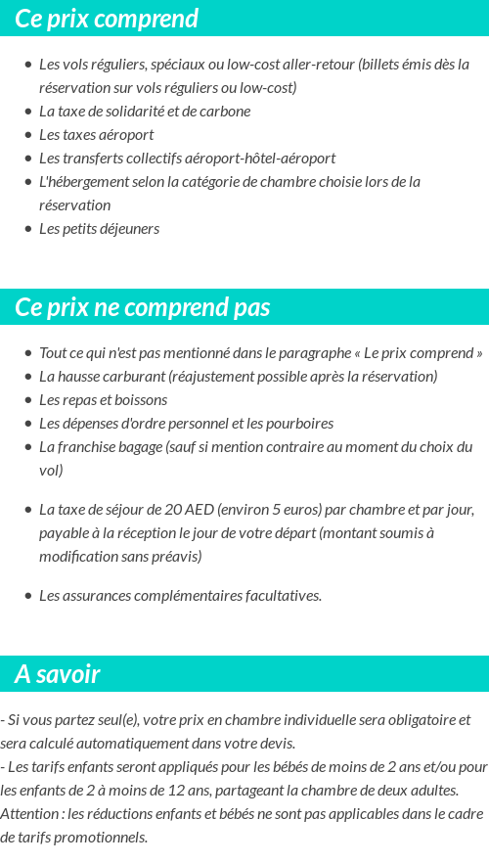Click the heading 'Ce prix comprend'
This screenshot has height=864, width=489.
point(107,19)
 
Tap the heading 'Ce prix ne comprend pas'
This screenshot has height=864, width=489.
point(142,307)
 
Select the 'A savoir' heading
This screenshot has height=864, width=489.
point(58,674)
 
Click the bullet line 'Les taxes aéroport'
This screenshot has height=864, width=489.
point(96,134)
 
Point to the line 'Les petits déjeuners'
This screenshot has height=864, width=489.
point(99,228)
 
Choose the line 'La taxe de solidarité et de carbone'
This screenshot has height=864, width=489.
point(145,111)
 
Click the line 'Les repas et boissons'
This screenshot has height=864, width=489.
point(103,399)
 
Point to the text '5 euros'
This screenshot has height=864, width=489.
point(289,509)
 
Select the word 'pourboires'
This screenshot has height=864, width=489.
point(300,423)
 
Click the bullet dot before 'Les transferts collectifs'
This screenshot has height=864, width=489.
point(28,159)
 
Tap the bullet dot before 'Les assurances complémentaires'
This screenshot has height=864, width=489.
point(28,596)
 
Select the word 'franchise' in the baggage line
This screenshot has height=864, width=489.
point(86,446)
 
